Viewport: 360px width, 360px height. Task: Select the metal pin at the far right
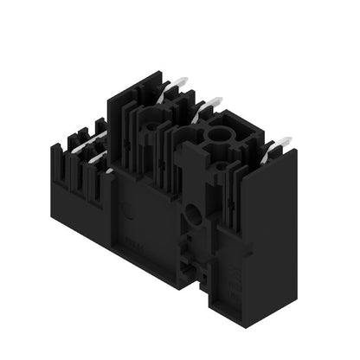[x=279, y=145]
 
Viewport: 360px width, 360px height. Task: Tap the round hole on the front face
[x=193, y=211]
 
